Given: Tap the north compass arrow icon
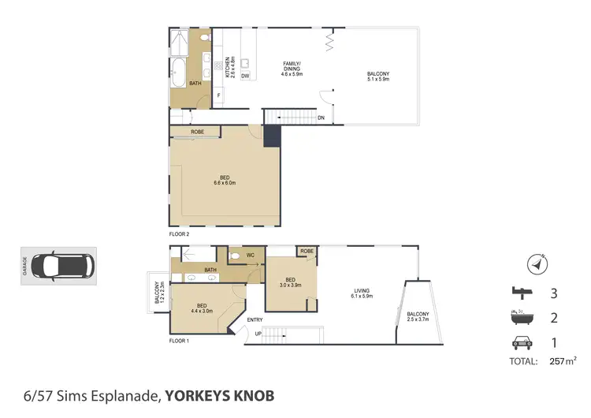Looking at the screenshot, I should click(x=537, y=265).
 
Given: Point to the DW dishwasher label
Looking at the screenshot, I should click(x=246, y=77).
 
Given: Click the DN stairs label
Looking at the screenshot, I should click(x=321, y=118).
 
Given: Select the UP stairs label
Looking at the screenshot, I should click(x=258, y=334).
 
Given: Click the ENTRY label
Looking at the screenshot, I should click(x=255, y=319).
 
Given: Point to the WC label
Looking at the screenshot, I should click(x=249, y=255).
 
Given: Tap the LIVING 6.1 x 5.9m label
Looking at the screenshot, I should click(x=362, y=294).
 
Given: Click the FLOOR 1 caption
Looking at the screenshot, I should click(x=180, y=341).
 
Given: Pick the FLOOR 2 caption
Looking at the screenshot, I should click(x=180, y=234).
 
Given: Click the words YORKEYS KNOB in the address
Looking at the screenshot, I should click(x=220, y=394).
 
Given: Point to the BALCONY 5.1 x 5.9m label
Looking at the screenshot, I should click(x=378, y=77).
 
